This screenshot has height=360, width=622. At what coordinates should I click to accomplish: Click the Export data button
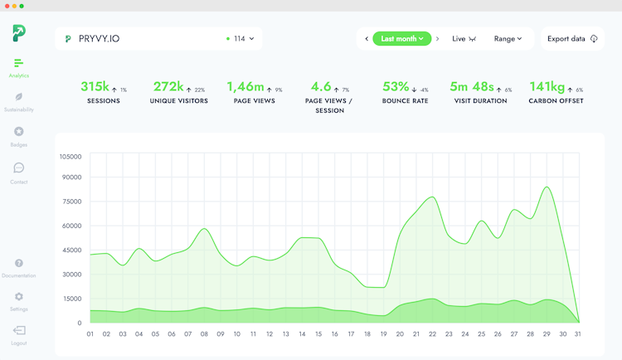point(572,39)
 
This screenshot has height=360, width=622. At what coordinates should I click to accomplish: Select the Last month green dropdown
point(402,39)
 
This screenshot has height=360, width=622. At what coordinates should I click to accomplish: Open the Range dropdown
point(508,39)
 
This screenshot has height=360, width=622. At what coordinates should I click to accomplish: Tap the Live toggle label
point(459,39)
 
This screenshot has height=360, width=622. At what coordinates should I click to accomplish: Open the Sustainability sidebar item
point(19,101)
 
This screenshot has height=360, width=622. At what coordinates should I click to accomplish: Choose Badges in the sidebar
point(19,136)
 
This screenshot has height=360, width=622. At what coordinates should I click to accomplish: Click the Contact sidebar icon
point(19,168)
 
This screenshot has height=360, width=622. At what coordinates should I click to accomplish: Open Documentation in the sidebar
point(19,264)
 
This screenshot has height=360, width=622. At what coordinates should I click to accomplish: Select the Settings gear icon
point(19,297)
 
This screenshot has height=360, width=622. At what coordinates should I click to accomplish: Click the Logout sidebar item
point(19,331)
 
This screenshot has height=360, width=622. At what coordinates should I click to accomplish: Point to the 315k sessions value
point(95,86)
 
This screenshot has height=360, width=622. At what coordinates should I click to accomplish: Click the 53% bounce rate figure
point(396,86)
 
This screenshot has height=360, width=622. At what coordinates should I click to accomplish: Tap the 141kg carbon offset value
point(547,86)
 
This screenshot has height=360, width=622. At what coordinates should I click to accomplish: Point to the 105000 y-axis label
point(70,156)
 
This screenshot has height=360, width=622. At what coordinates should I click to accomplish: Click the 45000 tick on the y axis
point(71,250)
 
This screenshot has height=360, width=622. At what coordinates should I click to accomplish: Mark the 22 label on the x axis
point(432,334)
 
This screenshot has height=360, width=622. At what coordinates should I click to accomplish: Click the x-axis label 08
point(204,334)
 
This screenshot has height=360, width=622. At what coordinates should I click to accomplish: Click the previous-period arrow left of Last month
point(367,39)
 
